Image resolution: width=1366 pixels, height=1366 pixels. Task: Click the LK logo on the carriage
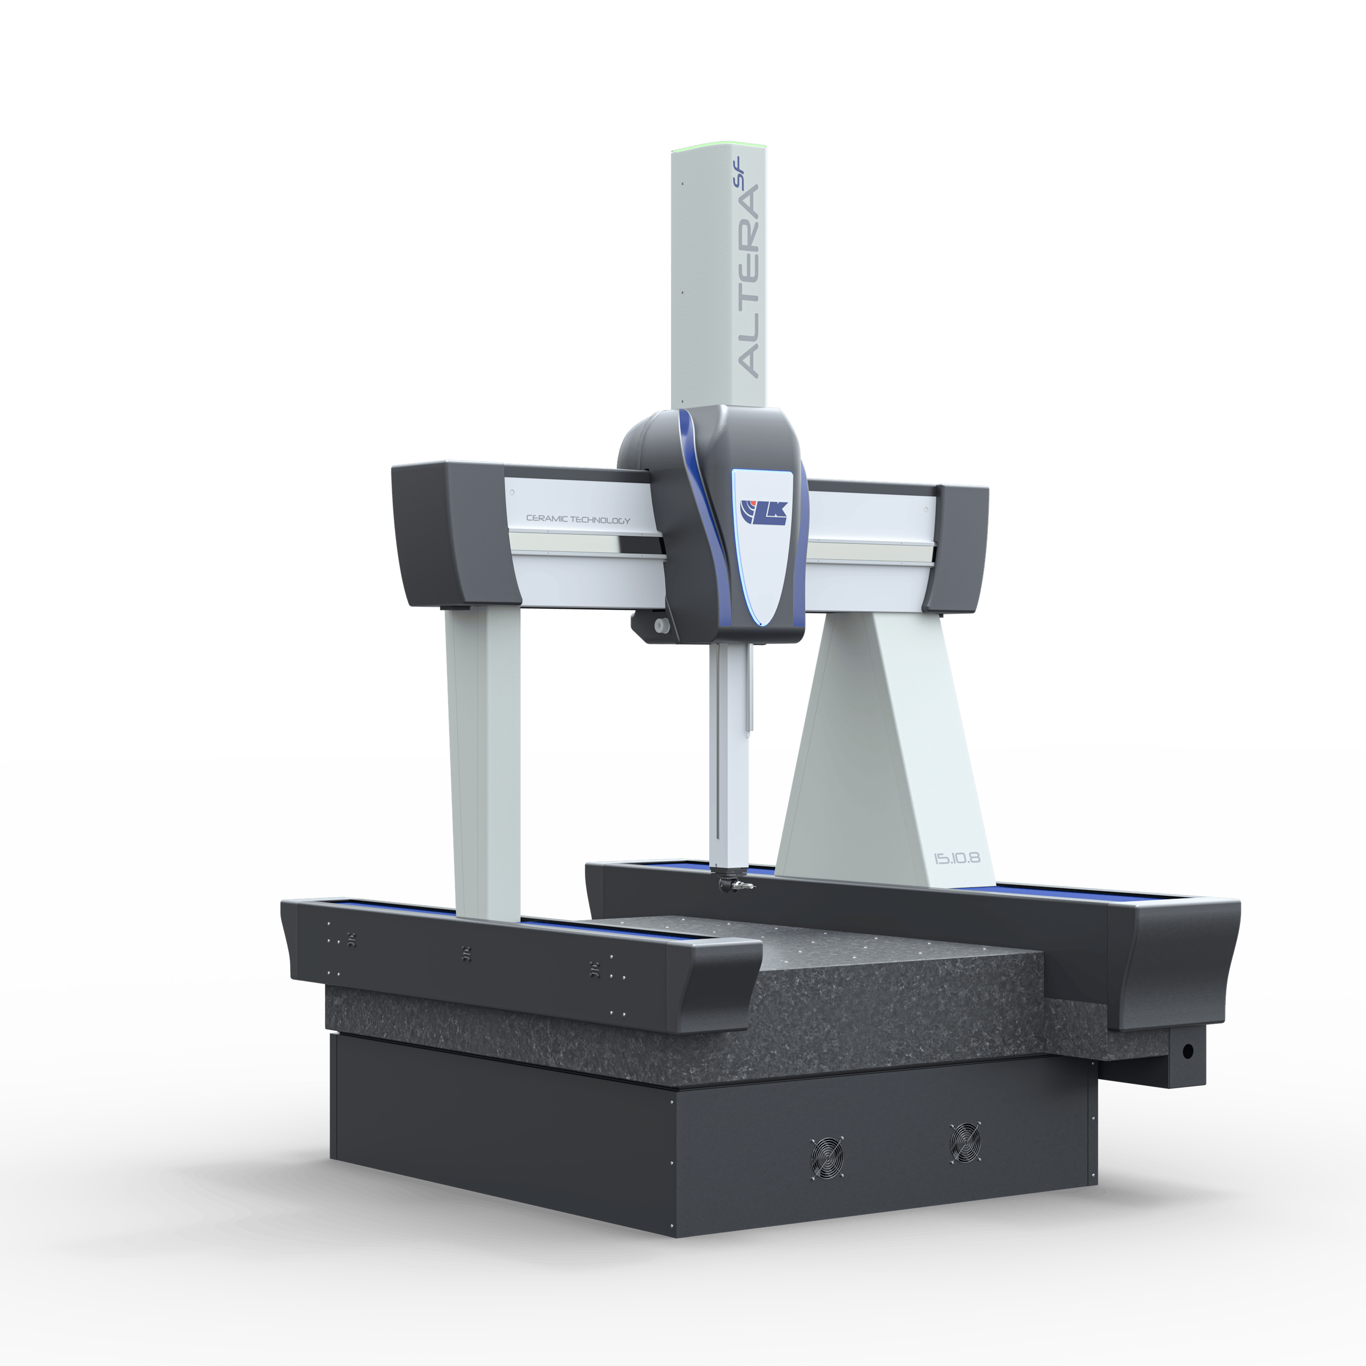click(x=763, y=511)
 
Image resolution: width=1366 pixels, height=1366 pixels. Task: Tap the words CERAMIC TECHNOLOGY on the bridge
click(x=578, y=520)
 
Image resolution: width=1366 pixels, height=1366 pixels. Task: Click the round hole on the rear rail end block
click(x=1187, y=1051)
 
